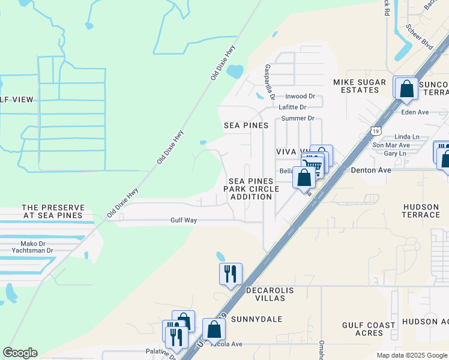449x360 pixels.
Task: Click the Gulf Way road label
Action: click(182, 220)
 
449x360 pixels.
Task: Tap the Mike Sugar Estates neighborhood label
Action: click(357, 85)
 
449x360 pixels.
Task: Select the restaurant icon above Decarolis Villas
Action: click(231, 274)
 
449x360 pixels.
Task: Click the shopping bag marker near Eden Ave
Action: click(406, 89)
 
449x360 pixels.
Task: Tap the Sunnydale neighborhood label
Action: click(256, 319)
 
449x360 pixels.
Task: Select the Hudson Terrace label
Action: click(421, 211)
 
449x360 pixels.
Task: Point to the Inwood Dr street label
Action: click(300, 96)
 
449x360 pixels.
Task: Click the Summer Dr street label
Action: click(298, 118)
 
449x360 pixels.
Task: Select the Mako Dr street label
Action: click(34, 244)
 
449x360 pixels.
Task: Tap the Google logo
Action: click(20, 353)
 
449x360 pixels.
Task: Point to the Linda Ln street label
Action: click(406, 137)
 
